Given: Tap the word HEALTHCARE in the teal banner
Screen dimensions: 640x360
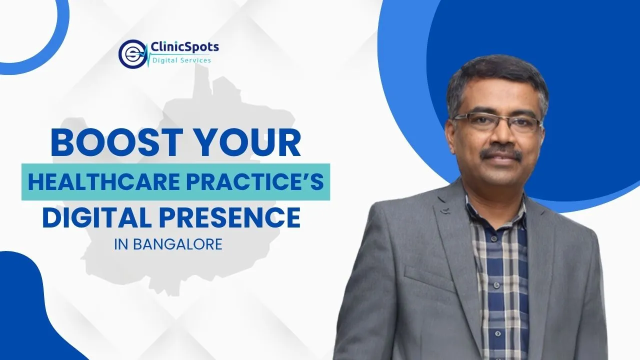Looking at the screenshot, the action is coord(104,181).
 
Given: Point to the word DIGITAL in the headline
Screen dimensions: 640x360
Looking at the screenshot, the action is coord(97,217).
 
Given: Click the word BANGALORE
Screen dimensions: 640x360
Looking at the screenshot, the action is coord(177,244).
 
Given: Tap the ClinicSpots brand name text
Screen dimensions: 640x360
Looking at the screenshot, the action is coord(184,47).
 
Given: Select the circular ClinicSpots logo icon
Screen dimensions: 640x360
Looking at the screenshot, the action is coord(132,54).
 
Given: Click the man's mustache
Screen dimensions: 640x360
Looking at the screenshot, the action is coord(501,153).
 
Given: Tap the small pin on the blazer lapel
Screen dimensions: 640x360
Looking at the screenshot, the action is coord(443,211).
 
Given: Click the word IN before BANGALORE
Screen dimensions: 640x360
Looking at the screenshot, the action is coord(121,244).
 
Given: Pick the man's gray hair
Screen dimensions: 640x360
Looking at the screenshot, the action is coord(497,77).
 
